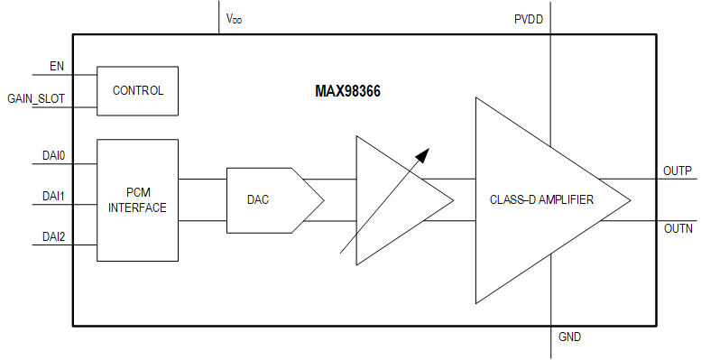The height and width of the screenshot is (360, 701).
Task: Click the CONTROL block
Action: point(137,90)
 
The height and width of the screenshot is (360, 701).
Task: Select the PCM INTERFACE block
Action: point(137,200)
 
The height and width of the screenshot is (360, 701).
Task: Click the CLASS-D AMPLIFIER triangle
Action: point(541,200)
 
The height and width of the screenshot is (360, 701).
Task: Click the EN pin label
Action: point(56,67)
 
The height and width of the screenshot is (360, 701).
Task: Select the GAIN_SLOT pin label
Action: point(36,97)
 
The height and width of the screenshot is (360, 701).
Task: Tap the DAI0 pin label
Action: point(54,154)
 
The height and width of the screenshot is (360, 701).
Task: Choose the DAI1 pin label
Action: point(54,195)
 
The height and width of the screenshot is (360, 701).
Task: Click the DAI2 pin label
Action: point(54,236)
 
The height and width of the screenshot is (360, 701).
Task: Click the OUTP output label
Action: point(677,171)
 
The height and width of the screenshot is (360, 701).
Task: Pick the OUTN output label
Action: point(677,230)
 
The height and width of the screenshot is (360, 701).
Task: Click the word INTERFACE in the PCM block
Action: point(137,208)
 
